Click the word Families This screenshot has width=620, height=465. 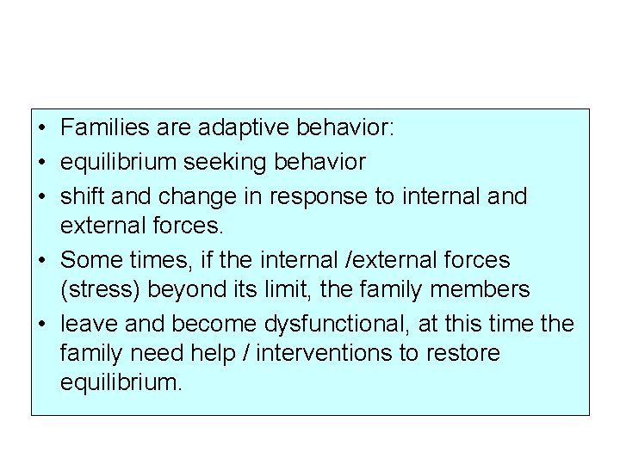coord(102,129)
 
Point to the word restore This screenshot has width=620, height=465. coord(468,354)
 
